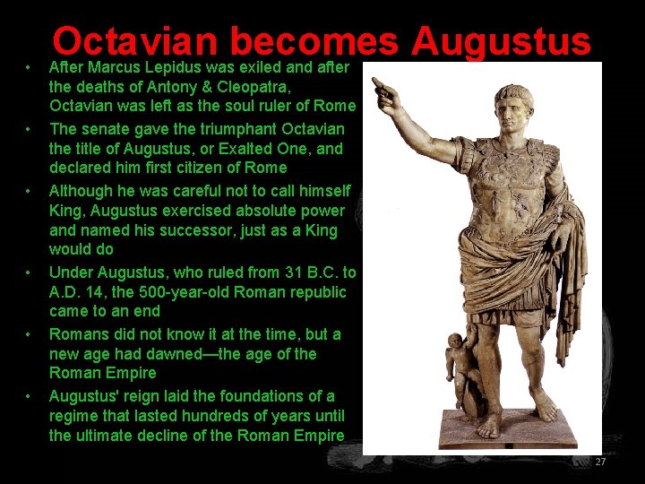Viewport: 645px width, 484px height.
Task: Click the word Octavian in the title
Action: (x=134, y=41)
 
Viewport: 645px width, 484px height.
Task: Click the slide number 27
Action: (x=600, y=462)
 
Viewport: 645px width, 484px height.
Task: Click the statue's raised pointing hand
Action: (x=385, y=88)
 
